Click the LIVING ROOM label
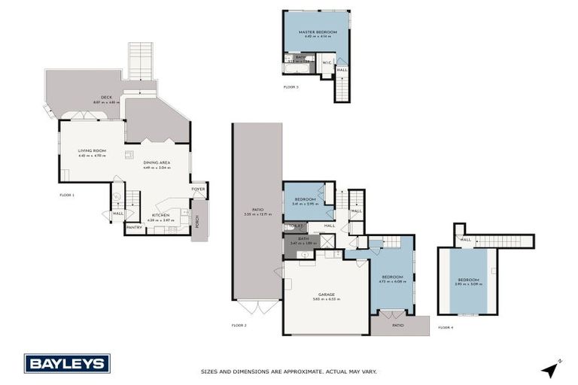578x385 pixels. (x=93, y=151)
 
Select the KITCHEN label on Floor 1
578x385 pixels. (x=160, y=215)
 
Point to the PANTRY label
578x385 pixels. (x=135, y=227)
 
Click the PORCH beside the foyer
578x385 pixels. (x=199, y=221)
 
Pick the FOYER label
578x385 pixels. (x=198, y=189)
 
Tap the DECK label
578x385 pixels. (x=96, y=97)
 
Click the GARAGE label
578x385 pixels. (x=326, y=294)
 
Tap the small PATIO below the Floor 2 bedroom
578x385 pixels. (x=398, y=325)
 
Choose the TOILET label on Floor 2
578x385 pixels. (x=295, y=226)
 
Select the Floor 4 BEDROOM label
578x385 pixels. (x=467, y=280)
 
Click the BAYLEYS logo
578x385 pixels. (x=67, y=363)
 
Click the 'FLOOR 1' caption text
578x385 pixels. (x=67, y=195)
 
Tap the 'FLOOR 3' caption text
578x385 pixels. (x=291, y=87)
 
